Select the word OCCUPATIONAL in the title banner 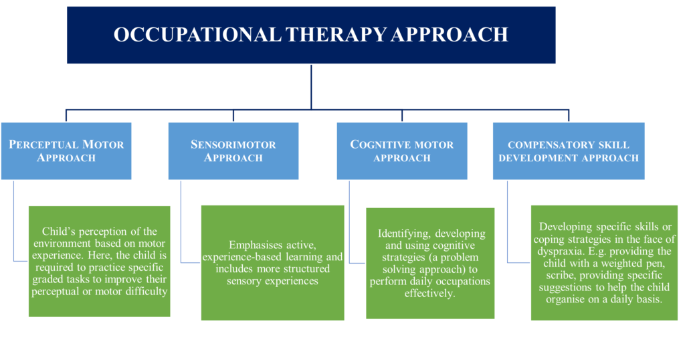tap(197, 35)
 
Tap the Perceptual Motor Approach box tap(66, 151)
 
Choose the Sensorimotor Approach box tap(233, 151)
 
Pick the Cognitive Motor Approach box tap(402, 151)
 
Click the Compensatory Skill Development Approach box tap(569, 151)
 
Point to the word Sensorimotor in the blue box tap(233, 145)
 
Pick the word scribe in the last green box tap(561, 275)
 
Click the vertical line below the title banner tap(311, 87)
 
